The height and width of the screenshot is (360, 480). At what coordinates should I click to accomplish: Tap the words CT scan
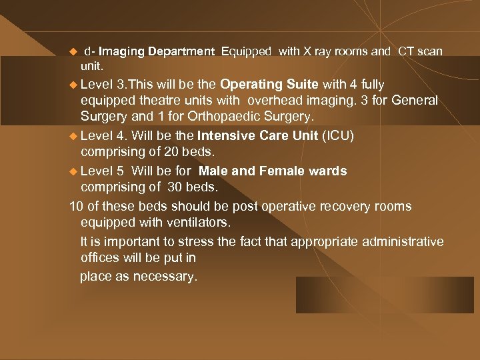point(420,51)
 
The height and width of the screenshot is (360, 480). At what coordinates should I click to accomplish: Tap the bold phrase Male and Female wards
point(273,171)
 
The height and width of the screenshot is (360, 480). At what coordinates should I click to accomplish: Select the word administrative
point(399,241)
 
